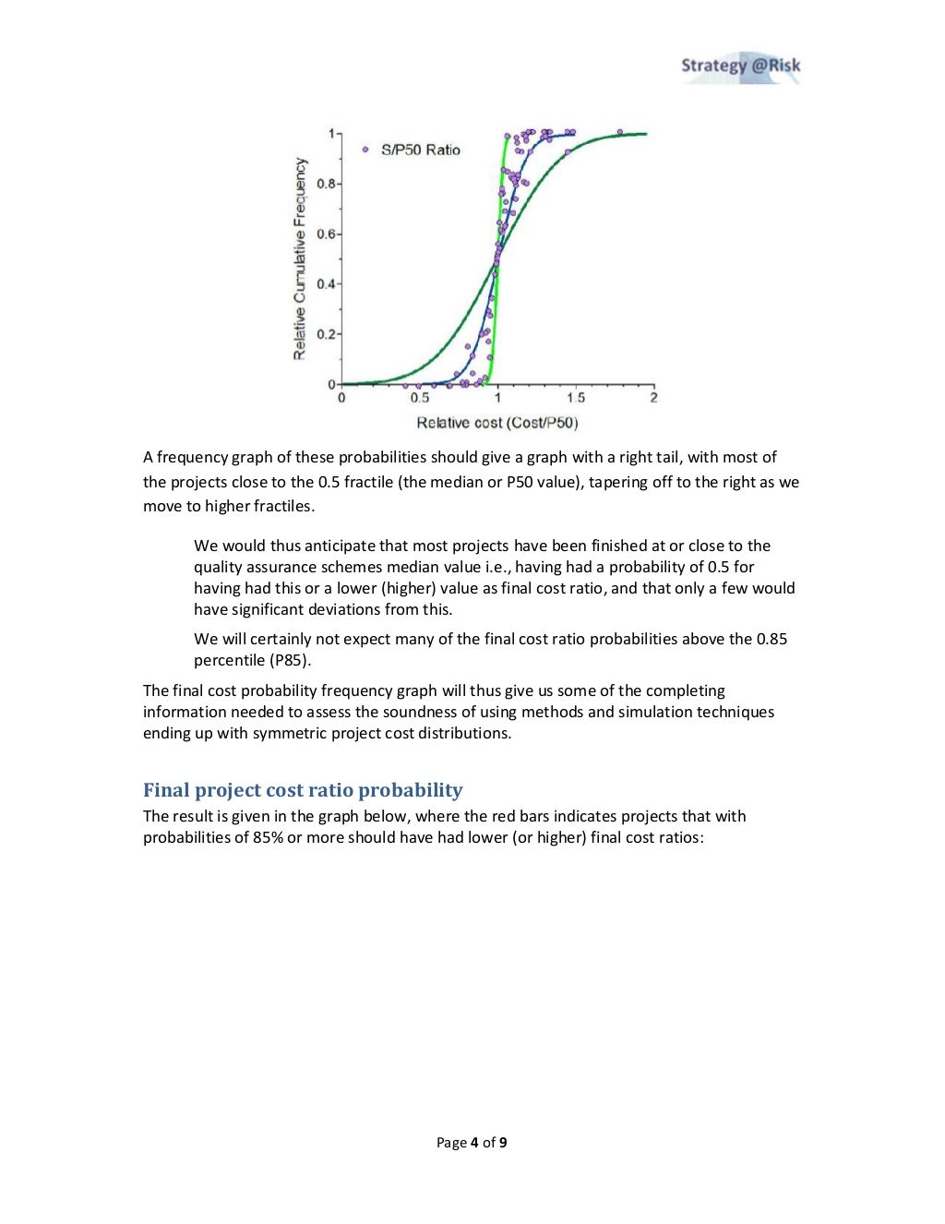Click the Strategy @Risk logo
(x=740, y=66)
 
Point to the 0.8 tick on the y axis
(x=327, y=184)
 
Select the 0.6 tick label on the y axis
(x=327, y=234)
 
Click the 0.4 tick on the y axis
(x=327, y=284)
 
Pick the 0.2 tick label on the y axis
(x=327, y=334)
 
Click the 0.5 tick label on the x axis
(x=420, y=398)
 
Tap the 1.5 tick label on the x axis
(x=576, y=398)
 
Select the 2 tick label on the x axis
(x=653, y=398)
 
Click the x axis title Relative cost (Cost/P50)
(x=497, y=423)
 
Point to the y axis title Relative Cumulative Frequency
(x=299, y=258)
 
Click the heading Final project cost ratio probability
(x=303, y=790)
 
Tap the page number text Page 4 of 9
(x=472, y=1143)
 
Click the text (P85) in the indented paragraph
(x=289, y=660)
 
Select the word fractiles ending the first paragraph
(x=282, y=506)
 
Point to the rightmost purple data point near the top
(x=619, y=132)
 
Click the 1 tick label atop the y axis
(x=331, y=134)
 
